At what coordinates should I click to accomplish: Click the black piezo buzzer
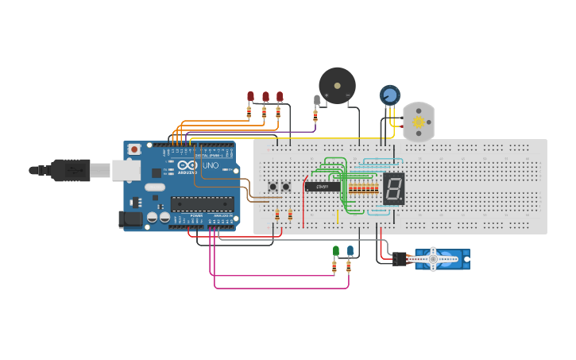tap(337, 85)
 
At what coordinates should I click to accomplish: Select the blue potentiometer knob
tap(389, 95)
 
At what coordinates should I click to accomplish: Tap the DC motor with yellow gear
tap(418, 122)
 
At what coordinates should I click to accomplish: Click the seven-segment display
tap(393, 188)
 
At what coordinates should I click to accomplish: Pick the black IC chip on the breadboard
tap(323, 187)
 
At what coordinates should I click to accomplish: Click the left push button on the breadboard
tap(273, 187)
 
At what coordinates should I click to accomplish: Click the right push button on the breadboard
tap(286, 187)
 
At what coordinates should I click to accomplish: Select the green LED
tap(335, 251)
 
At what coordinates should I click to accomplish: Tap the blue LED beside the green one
tap(350, 251)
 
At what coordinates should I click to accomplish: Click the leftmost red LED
tap(250, 96)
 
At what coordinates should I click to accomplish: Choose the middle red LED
tap(265, 96)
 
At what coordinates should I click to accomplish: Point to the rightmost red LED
tap(280, 96)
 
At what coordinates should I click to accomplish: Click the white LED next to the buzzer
tap(317, 99)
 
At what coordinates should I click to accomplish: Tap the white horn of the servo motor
tap(434, 259)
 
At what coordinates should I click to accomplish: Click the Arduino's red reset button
tap(134, 149)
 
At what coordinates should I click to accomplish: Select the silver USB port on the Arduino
tap(125, 168)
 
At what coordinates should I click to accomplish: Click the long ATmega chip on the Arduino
tap(203, 204)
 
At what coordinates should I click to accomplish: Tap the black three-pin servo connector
tap(399, 259)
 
